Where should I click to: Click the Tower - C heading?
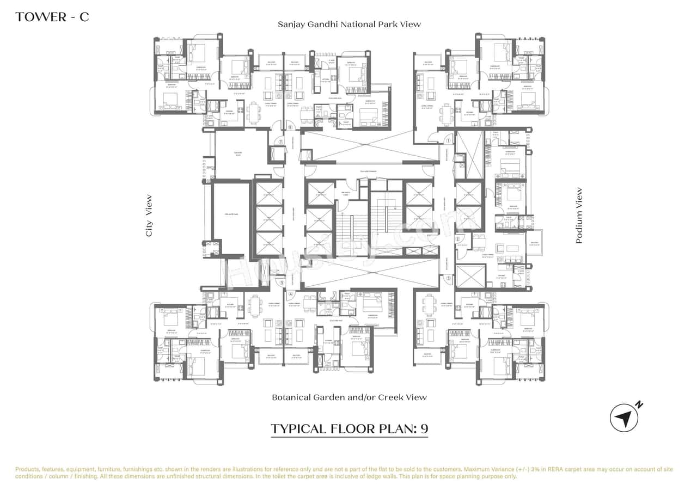(52, 17)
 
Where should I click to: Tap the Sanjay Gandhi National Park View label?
(349, 24)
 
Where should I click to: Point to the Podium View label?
(579, 216)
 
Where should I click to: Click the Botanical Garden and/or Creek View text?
(349, 397)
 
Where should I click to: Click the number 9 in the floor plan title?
(423, 428)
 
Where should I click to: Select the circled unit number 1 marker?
(449, 140)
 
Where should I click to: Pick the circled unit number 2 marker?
(458, 238)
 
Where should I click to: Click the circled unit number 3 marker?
(449, 279)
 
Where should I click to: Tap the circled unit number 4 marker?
(291, 290)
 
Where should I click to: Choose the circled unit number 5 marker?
(282, 283)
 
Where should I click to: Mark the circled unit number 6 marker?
(291, 128)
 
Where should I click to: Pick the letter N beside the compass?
(640, 404)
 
